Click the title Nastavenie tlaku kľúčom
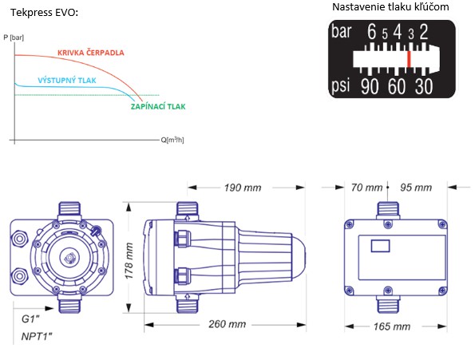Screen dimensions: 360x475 (389, 7)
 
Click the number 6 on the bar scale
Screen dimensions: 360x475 (371, 33)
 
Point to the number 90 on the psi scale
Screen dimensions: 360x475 (370, 85)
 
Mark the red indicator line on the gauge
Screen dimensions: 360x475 (409, 58)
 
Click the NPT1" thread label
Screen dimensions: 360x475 (36, 337)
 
